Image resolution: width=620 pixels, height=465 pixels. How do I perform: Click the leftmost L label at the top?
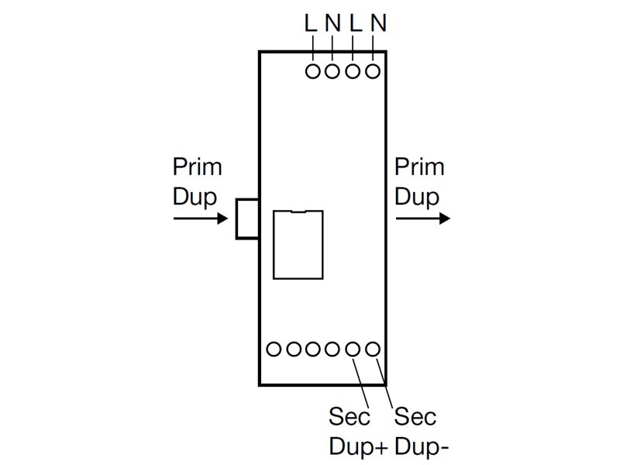[311, 24]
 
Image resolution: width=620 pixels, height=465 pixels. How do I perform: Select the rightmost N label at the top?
[379, 24]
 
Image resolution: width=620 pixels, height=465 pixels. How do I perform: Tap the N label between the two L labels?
[332, 24]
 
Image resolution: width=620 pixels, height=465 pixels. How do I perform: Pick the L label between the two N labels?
[356, 24]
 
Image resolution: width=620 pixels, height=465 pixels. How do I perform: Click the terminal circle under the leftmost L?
[313, 72]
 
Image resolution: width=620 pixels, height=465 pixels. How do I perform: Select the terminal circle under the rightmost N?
[373, 72]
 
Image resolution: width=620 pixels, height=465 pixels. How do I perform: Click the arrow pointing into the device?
[201, 219]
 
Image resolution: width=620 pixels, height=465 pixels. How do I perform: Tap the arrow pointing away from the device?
[422, 219]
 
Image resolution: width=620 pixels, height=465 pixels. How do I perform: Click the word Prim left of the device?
[197, 167]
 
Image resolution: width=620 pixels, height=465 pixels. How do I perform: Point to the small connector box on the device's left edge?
[247, 219]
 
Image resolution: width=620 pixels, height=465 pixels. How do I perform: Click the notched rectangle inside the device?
[298, 244]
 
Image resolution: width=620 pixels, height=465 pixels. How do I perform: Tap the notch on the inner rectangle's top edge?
[298, 212]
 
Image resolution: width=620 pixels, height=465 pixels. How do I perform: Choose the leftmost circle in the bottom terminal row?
[274, 349]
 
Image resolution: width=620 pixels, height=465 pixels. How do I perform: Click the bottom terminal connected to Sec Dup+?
[353, 349]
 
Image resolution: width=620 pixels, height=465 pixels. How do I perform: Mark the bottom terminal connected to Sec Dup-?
[373, 349]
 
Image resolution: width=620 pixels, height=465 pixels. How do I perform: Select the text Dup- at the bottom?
[422, 446]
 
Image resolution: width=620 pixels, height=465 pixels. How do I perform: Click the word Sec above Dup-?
[415, 417]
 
